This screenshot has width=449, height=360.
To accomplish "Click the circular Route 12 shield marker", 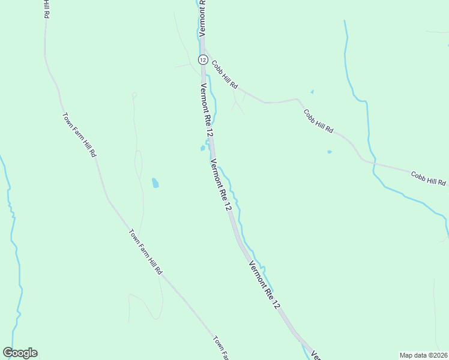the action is click(x=203, y=59).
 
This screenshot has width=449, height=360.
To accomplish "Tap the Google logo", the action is click(x=20, y=353).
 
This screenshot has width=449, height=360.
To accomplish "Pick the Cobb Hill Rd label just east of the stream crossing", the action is click(x=429, y=178).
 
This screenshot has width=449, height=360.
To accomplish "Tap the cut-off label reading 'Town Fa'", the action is click(x=220, y=348).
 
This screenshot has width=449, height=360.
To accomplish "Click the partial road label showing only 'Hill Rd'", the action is click(x=45, y=8).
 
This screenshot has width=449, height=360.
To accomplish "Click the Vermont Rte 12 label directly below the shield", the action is click(x=205, y=108).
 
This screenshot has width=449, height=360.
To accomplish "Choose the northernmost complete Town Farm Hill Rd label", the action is click(x=79, y=134).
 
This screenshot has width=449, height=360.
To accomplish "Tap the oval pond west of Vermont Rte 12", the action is click(x=155, y=182).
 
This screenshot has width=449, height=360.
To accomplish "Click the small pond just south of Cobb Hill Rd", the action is click(x=329, y=152).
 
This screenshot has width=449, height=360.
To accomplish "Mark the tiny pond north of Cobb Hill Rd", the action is click(x=312, y=92).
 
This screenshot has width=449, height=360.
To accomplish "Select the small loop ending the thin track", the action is click(x=134, y=94).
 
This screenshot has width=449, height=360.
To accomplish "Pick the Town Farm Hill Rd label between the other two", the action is click(x=146, y=251).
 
